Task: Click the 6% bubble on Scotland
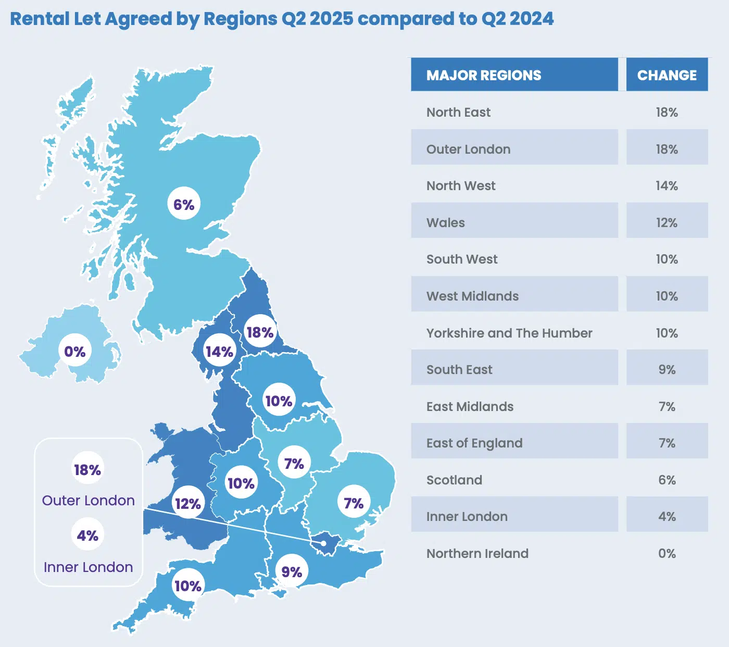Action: tap(184, 204)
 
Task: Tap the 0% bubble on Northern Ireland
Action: tap(75, 352)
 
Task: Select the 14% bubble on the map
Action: tap(219, 352)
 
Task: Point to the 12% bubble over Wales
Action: tap(188, 504)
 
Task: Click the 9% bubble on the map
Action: tap(292, 572)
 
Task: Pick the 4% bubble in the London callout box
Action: tap(87, 536)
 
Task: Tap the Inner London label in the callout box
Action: tap(88, 567)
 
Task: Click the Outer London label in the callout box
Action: tap(88, 500)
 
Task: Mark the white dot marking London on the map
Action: tap(323, 543)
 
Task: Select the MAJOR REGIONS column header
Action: tap(484, 75)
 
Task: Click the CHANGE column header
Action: tap(667, 75)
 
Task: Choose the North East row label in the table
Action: tap(458, 113)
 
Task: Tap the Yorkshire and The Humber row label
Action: tap(509, 333)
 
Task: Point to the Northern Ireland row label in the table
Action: tap(477, 554)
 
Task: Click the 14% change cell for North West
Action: tap(667, 186)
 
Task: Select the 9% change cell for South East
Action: tap(667, 370)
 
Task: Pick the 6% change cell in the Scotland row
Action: tap(667, 480)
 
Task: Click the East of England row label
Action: tap(474, 443)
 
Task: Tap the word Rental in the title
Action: tap(40, 19)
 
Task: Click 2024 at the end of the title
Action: tap(532, 19)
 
